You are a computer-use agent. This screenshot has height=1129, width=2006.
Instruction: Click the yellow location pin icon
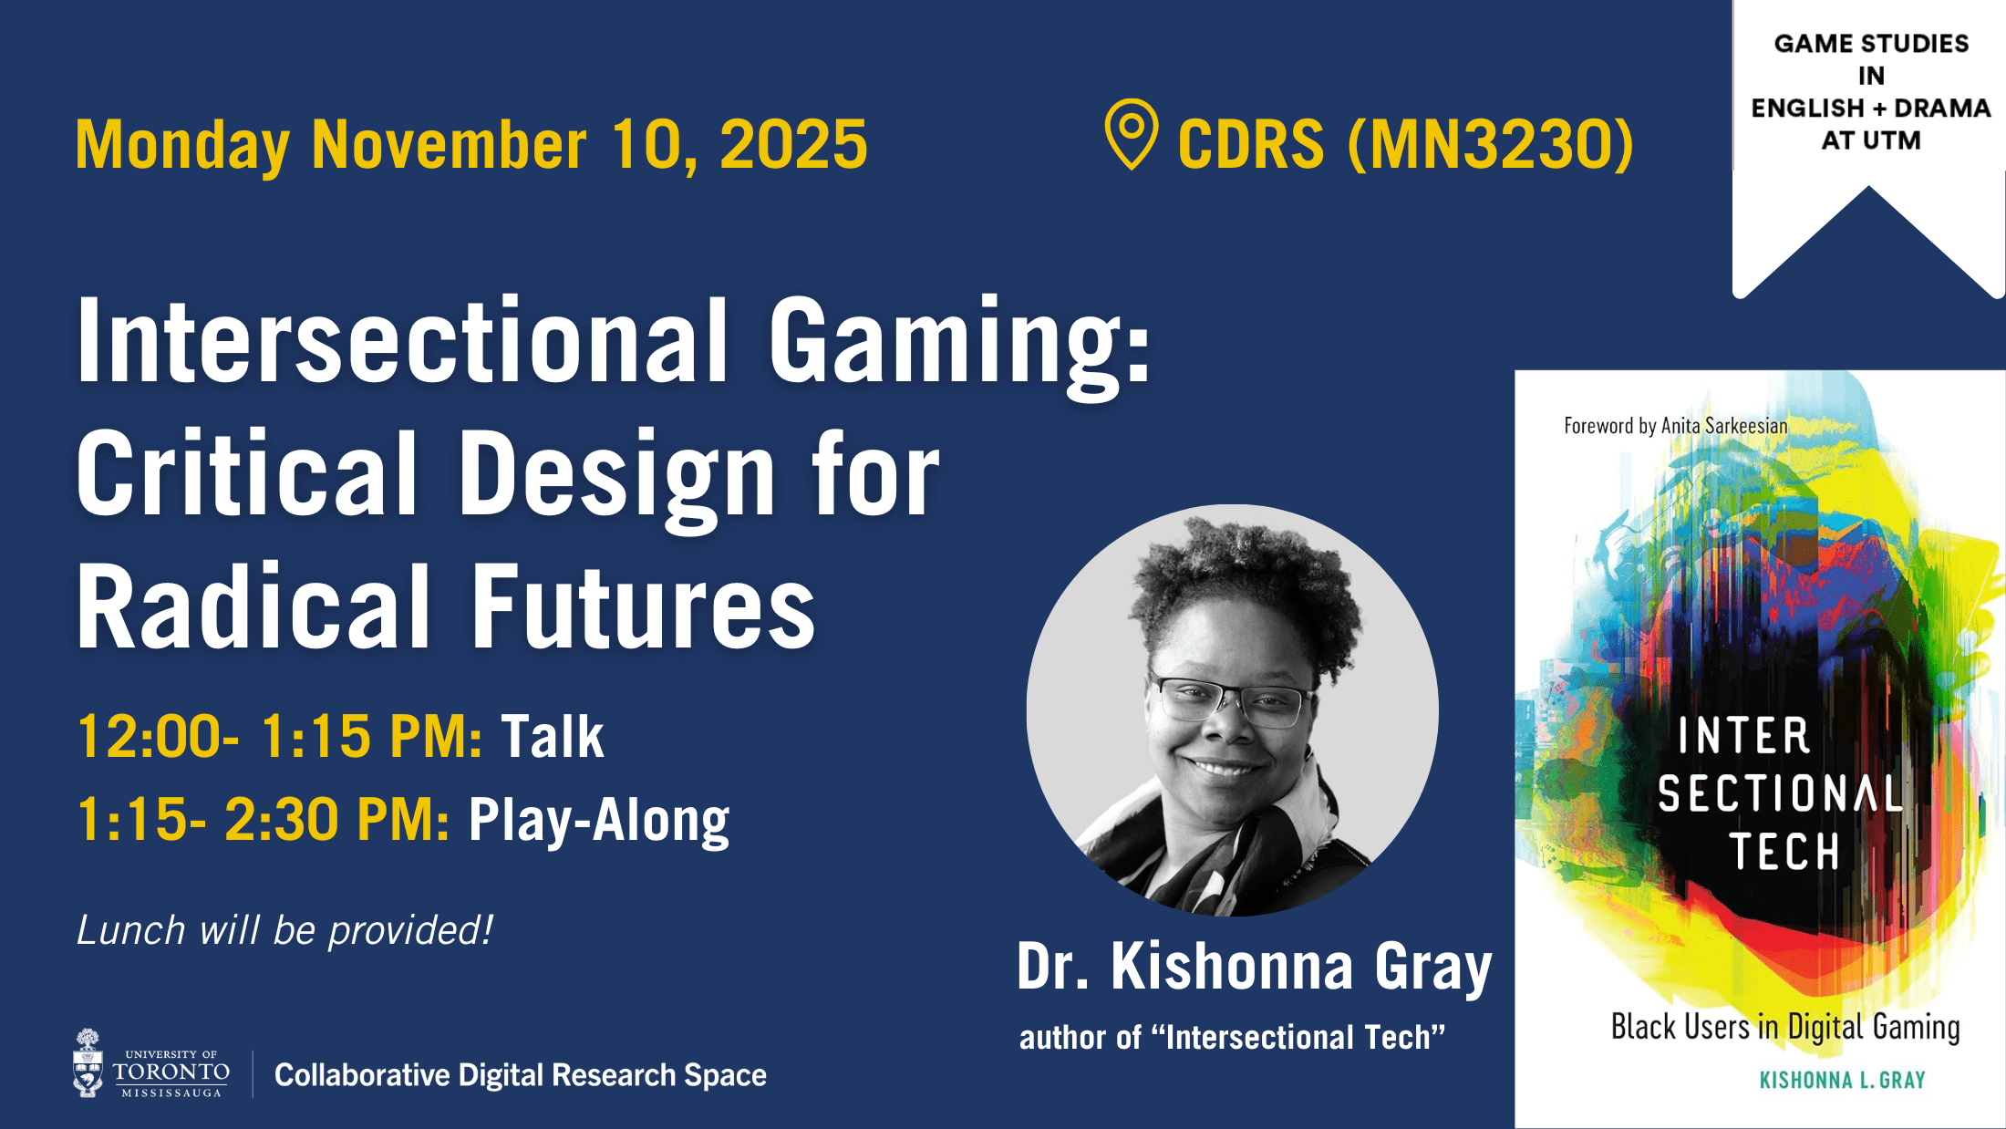(1131, 133)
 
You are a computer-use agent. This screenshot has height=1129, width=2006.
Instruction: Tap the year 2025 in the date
(793, 145)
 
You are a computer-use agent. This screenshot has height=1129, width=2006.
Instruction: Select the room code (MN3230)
(1491, 144)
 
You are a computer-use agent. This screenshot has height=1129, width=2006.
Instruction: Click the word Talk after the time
(552, 737)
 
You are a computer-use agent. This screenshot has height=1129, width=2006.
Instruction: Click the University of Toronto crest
(88, 1063)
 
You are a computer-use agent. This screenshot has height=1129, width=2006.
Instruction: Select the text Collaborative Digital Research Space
(520, 1075)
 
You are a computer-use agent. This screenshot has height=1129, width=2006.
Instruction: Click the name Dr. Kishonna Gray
(1254, 967)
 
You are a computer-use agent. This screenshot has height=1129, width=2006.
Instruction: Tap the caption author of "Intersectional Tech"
(1232, 1038)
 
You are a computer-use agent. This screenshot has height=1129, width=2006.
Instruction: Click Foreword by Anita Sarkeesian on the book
(1675, 426)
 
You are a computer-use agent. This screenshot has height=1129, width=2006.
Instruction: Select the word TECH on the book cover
(1784, 852)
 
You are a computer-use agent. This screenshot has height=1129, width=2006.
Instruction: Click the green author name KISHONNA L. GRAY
(1842, 1081)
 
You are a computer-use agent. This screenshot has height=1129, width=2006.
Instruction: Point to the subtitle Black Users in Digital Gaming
(1784, 1027)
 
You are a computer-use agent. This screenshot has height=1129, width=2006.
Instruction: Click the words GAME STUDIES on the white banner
(1871, 44)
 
